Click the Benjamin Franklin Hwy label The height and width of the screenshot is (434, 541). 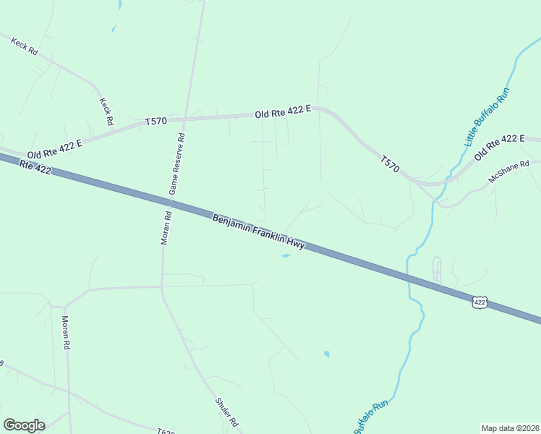[x=258, y=231]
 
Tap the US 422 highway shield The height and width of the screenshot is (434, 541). [x=480, y=302]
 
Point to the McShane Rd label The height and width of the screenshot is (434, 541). [x=509, y=172]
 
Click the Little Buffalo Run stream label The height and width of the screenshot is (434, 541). [x=487, y=116]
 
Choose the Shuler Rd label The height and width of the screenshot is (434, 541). [x=227, y=412]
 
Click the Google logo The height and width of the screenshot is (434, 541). [x=24, y=425]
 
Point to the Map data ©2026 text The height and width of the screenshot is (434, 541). [x=510, y=427]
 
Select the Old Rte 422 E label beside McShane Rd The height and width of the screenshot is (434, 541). [x=499, y=148]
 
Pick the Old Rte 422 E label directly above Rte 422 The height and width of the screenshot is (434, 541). [x=55, y=149]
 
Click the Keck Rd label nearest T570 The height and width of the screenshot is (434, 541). [x=107, y=112]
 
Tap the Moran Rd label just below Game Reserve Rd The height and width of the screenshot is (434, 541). [x=166, y=227]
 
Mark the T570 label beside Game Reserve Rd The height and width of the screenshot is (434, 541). [x=156, y=122]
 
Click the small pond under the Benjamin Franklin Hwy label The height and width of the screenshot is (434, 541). [x=286, y=255]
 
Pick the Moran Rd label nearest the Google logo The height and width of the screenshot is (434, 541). [x=65, y=333]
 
